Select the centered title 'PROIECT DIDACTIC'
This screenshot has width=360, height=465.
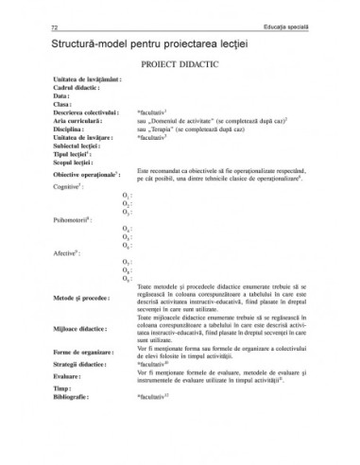coord(180,68)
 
